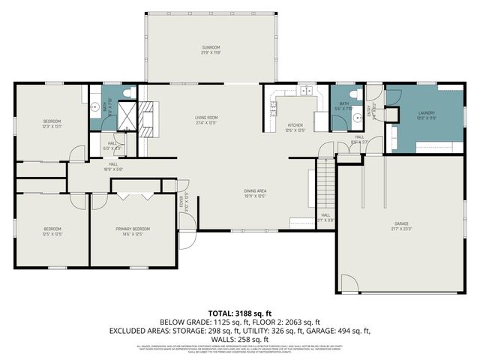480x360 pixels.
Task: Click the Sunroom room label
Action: [209, 49]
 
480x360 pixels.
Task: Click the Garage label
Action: [402, 223]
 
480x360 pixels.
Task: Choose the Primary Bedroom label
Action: [132, 229]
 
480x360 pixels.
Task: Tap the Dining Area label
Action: [255, 190]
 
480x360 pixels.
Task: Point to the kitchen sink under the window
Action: [306, 91]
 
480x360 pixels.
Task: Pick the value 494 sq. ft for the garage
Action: [352, 330]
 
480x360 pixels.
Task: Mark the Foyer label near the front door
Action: [185, 203]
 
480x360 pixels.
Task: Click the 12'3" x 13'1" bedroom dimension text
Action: [52, 126]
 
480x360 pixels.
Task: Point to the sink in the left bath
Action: [95, 106]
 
